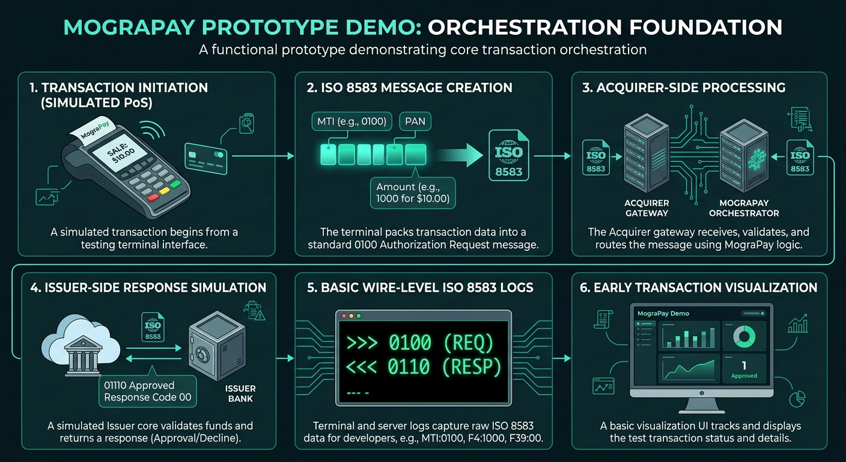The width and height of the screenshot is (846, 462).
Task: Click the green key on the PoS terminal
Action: [x=175, y=185]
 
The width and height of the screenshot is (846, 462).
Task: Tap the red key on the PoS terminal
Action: [x=153, y=197]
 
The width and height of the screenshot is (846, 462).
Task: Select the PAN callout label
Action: [x=415, y=122]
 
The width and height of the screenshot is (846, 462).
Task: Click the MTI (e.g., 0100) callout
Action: [x=351, y=122]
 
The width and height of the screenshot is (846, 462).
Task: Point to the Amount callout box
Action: [x=413, y=193]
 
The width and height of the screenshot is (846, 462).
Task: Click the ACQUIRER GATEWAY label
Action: [x=647, y=208]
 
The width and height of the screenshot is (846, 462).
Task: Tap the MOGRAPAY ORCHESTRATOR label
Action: [x=744, y=208]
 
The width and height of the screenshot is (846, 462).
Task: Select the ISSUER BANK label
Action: [x=240, y=393]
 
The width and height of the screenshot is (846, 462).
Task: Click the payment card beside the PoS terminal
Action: [x=206, y=159]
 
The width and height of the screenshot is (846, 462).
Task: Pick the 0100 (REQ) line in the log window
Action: [x=420, y=342]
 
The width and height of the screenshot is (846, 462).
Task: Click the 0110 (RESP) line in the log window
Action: [x=424, y=367]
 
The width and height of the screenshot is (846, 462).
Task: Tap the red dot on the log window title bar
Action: [x=344, y=316]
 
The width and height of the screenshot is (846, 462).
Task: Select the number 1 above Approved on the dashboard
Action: [x=744, y=365]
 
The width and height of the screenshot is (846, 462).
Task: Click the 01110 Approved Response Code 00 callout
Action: [x=148, y=391]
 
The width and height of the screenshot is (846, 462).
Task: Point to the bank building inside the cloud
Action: [x=83, y=356]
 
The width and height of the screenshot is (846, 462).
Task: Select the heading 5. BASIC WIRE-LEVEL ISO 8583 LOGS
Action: [x=420, y=288]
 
